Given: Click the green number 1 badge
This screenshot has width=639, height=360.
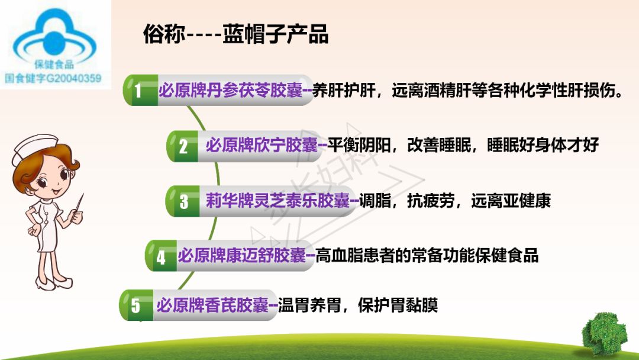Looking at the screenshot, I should click(138, 91).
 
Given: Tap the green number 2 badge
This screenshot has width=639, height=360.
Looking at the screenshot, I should click(183, 146).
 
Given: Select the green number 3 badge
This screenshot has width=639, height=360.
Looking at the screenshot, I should click(183, 201).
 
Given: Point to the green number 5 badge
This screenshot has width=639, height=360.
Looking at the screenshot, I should click(136, 306).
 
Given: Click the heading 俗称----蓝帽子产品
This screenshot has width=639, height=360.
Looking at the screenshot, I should click(235, 35).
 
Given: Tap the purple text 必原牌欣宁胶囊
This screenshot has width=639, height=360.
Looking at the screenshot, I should click(262, 146).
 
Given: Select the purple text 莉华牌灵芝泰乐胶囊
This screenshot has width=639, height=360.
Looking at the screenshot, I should click(278, 201).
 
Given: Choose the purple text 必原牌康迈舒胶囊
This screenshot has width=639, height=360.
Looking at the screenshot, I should click(242, 256).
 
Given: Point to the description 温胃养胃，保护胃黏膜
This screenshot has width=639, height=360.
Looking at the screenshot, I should click(358, 306).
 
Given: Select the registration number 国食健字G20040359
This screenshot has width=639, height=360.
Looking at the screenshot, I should click(53, 78).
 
